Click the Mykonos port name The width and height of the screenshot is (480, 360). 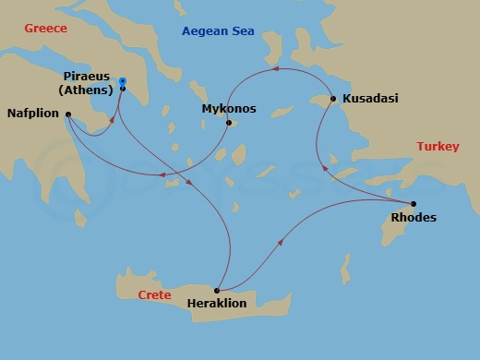228,109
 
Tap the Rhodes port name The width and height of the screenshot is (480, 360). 414,218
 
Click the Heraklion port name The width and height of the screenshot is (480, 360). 218,303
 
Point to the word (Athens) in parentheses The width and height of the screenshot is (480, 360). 86,90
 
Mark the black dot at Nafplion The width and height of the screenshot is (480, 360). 67,114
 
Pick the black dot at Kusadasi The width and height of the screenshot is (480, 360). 333,97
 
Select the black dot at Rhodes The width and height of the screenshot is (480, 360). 413,203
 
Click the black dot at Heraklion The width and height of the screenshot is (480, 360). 217,290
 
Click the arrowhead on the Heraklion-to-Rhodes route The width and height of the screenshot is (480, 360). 280,240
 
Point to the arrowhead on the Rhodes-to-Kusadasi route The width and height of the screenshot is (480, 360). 322,167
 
